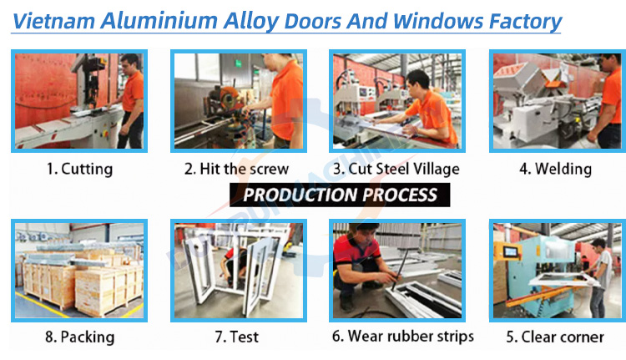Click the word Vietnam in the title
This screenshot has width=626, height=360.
click(54, 21)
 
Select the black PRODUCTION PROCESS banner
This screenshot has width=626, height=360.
click(340, 195)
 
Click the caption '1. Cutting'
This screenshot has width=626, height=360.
click(79, 169)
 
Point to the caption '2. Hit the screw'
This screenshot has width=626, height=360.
click(236, 169)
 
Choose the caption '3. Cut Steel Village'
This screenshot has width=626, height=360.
click(396, 169)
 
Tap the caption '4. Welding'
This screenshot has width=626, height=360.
click(555, 169)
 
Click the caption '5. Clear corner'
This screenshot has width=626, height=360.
click(555, 337)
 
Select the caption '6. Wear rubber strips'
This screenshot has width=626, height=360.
click(403, 337)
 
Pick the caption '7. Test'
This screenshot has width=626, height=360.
click(237, 337)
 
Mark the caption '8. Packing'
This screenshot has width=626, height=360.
click(79, 337)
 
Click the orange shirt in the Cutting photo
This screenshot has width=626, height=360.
click(133, 92)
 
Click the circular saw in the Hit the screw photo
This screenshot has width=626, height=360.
click(225, 99)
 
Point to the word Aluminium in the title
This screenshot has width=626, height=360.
click(159, 21)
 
